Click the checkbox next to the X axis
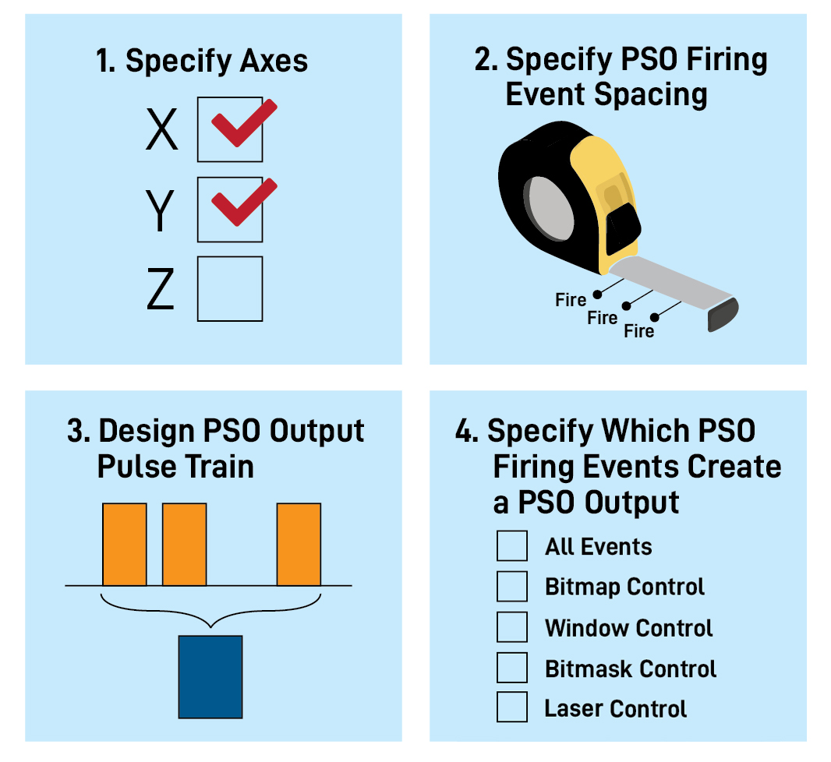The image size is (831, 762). pos(230,129)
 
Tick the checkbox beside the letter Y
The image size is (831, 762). pos(230,210)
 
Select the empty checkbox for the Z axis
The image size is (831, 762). pos(230,289)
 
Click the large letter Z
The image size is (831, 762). pos(161,289)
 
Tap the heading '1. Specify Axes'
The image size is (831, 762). pos(202,61)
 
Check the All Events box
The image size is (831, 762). pos(512,545)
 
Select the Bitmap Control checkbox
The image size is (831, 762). pos(512,586)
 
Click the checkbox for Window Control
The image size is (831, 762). pos(512,627)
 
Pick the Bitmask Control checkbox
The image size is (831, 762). pos(512,668)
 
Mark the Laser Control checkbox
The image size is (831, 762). pos(512,707)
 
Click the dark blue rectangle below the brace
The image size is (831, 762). pos(210,676)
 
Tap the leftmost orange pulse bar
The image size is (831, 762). pos(125,544)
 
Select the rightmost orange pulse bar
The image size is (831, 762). pos(299,544)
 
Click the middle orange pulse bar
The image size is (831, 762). pos(184,544)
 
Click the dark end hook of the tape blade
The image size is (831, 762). pos(723,315)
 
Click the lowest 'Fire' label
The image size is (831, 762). pos(639,332)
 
